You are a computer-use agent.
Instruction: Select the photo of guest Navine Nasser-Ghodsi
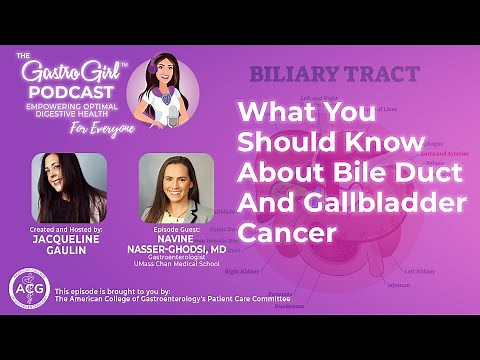coord(177,188)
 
